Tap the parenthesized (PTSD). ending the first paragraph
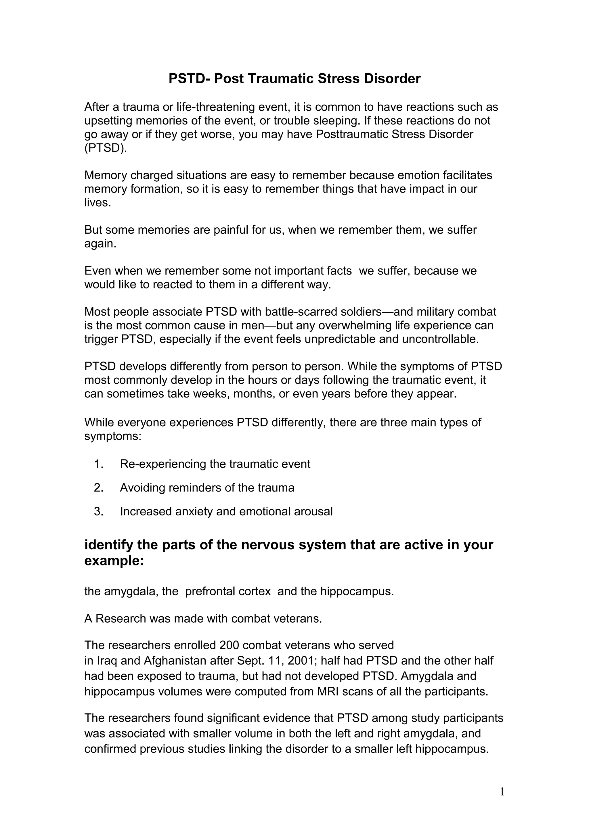106,148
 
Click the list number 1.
99,464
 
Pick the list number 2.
99,487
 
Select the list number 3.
99,512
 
